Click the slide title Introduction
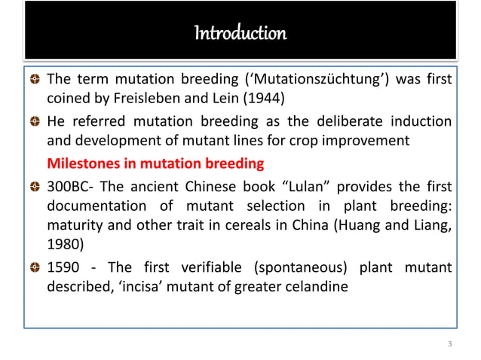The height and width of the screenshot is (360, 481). (240, 35)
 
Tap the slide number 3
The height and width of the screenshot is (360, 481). (449, 344)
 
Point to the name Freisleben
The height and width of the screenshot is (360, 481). (133, 100)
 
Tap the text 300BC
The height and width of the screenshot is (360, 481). (68, 186)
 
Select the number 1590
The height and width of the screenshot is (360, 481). (65, 269)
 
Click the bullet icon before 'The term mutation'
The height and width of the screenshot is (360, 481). (35, 81)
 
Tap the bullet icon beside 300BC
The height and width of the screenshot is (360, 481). (35, 187)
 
